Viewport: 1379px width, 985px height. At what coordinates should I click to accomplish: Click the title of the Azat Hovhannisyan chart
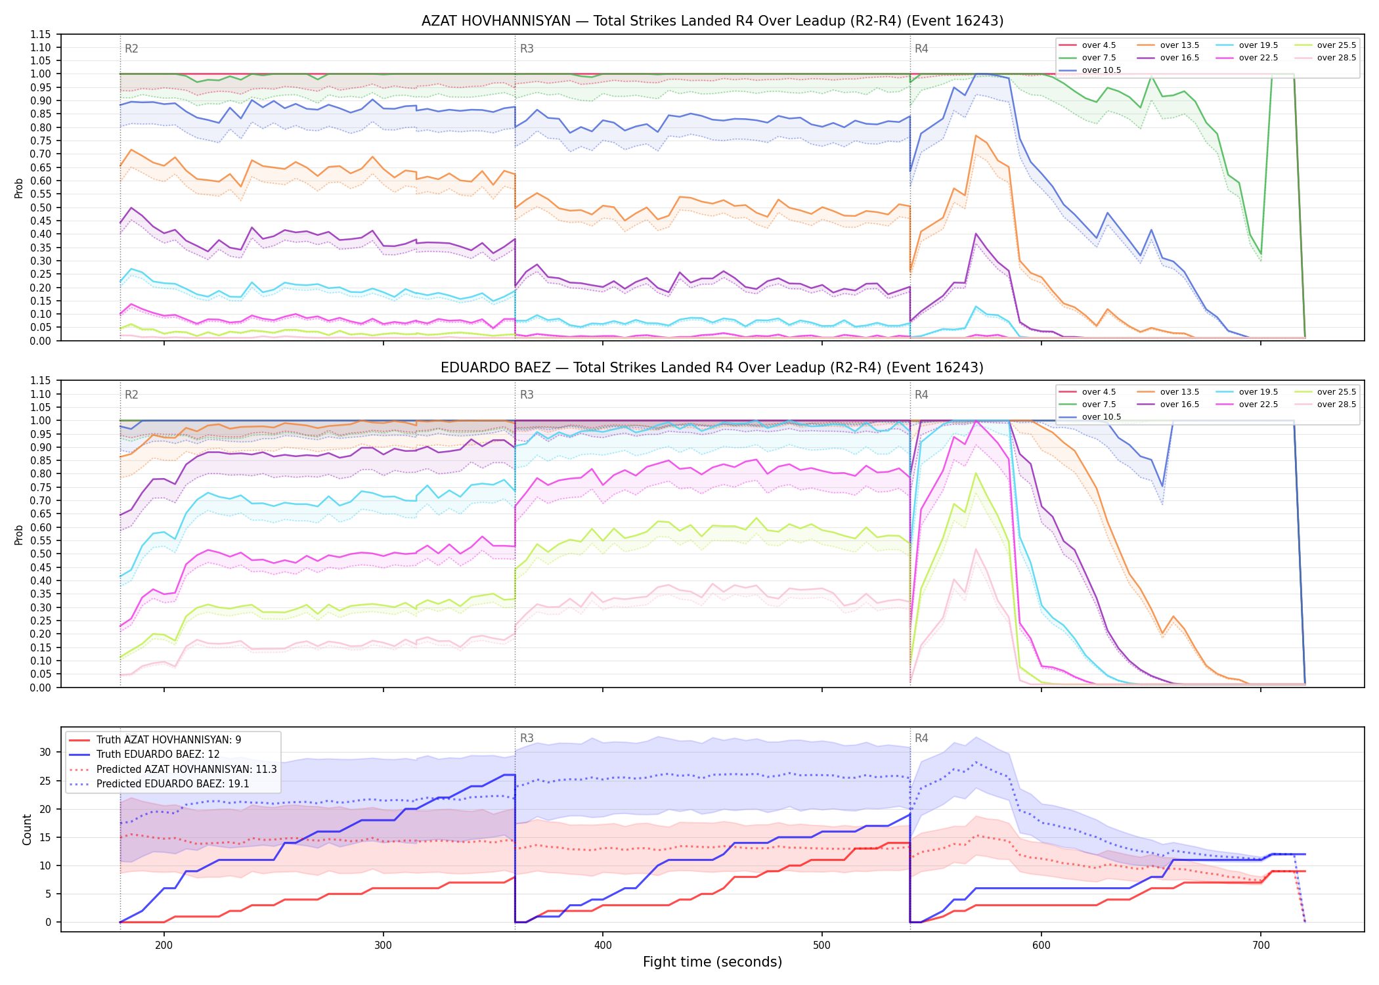pos(712,21)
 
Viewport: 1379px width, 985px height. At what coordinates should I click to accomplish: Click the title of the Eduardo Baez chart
pos(712,368)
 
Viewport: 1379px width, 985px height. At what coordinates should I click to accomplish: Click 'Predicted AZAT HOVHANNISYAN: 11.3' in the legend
pos(173,769)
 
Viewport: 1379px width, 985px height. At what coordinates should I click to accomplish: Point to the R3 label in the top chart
pos(527,49)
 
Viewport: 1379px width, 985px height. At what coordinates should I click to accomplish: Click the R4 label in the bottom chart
pos(921,738)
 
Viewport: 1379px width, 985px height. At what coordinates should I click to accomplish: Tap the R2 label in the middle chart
pos(131,395)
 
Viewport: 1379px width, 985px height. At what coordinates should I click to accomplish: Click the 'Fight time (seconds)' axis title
pos(712,962)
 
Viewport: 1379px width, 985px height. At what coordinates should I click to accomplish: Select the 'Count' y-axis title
pos(27,829)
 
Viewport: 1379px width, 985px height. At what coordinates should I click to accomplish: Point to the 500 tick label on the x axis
pos(822,945)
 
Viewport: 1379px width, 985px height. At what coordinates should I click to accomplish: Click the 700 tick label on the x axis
pos(1261,945)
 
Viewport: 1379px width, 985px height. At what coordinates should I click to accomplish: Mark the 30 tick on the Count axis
pos(45,752)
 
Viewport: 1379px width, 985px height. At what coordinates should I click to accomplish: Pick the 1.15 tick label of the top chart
pos(41,34)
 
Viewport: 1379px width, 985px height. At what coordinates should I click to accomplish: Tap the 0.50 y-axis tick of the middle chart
pos(41,554)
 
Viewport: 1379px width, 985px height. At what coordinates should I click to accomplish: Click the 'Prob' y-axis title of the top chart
pos(19,188)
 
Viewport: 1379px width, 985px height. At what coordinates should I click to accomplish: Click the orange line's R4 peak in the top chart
pos(976,135)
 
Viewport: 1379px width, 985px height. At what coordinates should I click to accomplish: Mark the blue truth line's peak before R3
pos(504,775)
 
